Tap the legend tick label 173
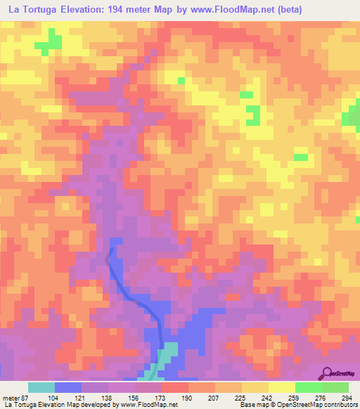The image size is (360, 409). [162, 398]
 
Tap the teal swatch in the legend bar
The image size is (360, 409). [41, 387]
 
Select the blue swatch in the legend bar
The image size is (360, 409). [68, 387]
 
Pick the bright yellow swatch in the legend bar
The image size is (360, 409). [282, 387]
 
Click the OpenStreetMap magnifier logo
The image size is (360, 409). [328, 373]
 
